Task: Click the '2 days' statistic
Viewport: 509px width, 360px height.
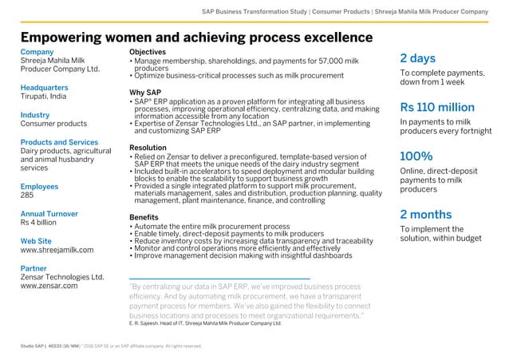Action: [x=417, y=58]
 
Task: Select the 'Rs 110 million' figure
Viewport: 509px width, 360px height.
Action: [x=436, y=107]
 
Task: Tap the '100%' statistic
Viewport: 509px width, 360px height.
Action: [x=416, y=156]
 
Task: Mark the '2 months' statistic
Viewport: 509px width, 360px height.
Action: [x=426, y=214]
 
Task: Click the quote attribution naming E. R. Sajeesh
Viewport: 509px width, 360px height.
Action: [x=205, y=323]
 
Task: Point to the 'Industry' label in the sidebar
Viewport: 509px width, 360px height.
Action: [x=35, y=115]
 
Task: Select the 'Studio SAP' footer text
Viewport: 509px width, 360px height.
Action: [x=35, y=346]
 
